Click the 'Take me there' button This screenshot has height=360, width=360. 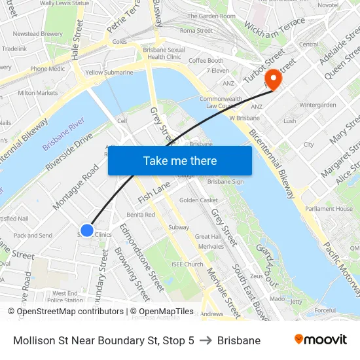pos(180,160)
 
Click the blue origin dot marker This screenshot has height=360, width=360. pos(87,230)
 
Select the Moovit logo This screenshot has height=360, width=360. pos(320,340)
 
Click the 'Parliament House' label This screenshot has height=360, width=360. pos(329,209)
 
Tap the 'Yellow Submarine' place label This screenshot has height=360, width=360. pos(109,73)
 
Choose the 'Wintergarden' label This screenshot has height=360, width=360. pos(317,105)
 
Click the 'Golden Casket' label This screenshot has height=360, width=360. pos(198,200)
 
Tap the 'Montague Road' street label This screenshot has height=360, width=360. pos(76,187)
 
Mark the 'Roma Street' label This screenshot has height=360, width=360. pos(196,30)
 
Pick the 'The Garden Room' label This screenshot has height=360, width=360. pos(211,16)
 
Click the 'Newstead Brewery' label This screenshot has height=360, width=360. pos(38,33)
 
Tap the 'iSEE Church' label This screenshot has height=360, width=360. pos(187,264)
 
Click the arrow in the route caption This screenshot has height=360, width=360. pos(206,340)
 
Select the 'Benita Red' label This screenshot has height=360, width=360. pos(141,215)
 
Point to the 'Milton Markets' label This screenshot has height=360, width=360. pos(38,93)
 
